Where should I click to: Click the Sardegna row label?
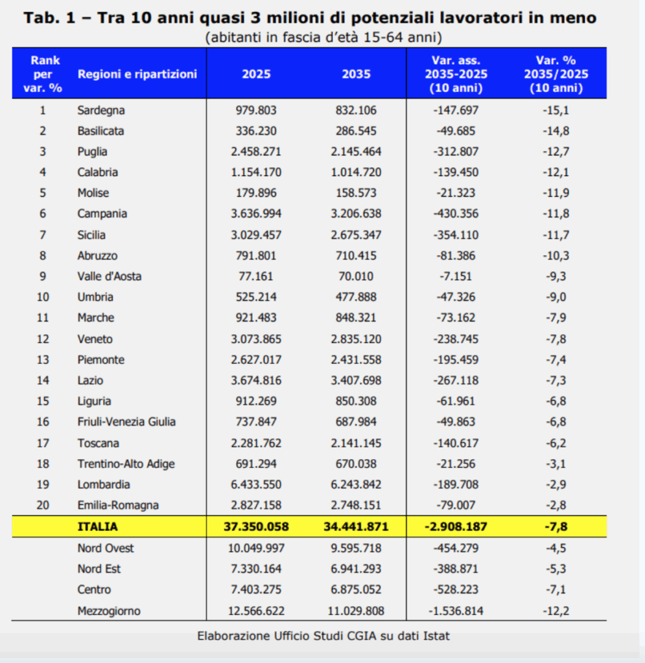pyautogui.click(x=101, y=110)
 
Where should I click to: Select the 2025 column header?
pyautogui.click(x=257, y=74)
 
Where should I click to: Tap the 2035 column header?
pyautogui.click(x=356, y=74)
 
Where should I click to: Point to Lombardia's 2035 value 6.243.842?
pyautogui.click(x=356, y=484)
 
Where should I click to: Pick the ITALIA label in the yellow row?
pyautogui.click(x=98, y=526)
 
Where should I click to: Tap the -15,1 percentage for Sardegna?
pyautogui.click(x=556, y=110)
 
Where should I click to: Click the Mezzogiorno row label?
pyautogui.click(x=109, y=611)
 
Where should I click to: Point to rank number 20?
pyautogui.click(x=43, y=505)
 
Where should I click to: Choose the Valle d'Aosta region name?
pyautogui.click(x=109, y=276)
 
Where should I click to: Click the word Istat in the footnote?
pyautogui.click(x=435, y=636)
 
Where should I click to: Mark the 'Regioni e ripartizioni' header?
pyautogui.click(x=137, y=74)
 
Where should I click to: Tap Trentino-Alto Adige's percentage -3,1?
pyautogui.click(x=556, y=464)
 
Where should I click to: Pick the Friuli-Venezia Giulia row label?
pyautogui.click(x=126, y=421)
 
